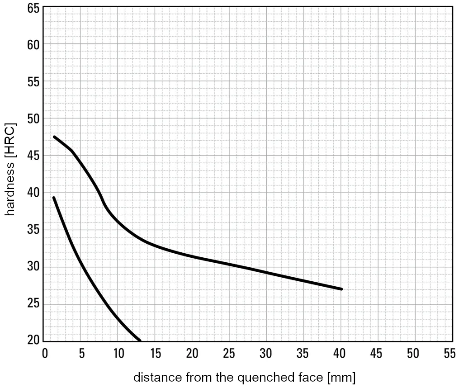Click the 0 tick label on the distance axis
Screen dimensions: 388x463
(x=45, y=354)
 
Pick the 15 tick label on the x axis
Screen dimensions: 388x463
(x=155, y=354)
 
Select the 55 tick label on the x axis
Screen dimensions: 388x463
(x=449, y=354)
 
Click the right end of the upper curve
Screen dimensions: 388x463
(x=341, y=289)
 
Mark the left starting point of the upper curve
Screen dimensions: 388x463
(x=54, y=137)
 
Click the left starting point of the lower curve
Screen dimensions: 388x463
(x=54, y=198)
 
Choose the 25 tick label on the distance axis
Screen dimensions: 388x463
(x=229, y=354)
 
